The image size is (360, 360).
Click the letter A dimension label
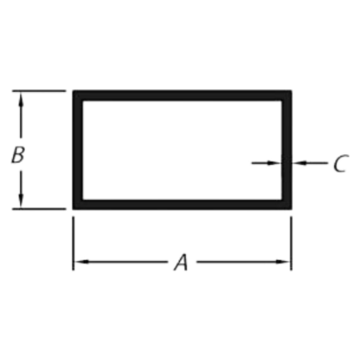pyautogui.click(x=181, y=262)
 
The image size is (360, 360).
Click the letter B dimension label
pyautogui.click(x=18, y=154)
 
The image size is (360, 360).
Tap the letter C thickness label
pyautogui.click(x=341, y=163)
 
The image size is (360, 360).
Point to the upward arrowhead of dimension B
pyautogui.click(x=20, y=98)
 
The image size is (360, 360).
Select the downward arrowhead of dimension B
pyautogui.click(x=20, y=202)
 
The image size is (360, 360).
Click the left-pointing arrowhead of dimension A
pyautogui.click(x=81, y=262)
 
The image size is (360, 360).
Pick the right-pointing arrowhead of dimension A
pyautogui.click(x=283, y=262)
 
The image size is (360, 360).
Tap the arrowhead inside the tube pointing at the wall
pyautogui.click(x=274, y=162)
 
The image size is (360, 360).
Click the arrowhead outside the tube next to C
pyautogui.click(x=299, y=162)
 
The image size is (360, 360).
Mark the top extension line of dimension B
pyautogui.click(x=39, y=91)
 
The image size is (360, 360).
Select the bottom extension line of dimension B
pyautogui.click(x=39, y=208)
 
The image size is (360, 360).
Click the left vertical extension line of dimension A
pyautogui.click(x=73, y=244)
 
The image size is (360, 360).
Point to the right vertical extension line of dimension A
pyautogui.click(x=291, y=244)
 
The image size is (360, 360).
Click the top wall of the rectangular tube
pyautogui.click(x=183, y=95)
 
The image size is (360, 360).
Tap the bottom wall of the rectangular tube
pyautogui.click(x=183, y=204)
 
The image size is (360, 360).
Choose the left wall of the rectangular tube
pyautogui.click(x=78, y=150)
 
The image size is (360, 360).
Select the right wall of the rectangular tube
pyautogui.click(x=286, y=150)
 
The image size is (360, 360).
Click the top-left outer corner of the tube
pyautogui.click(x=73, y=90)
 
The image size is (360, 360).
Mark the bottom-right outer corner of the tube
pyautogui.click(x=291, y=209)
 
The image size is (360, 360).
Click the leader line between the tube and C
pyautogui.click(x=310, y=162)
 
